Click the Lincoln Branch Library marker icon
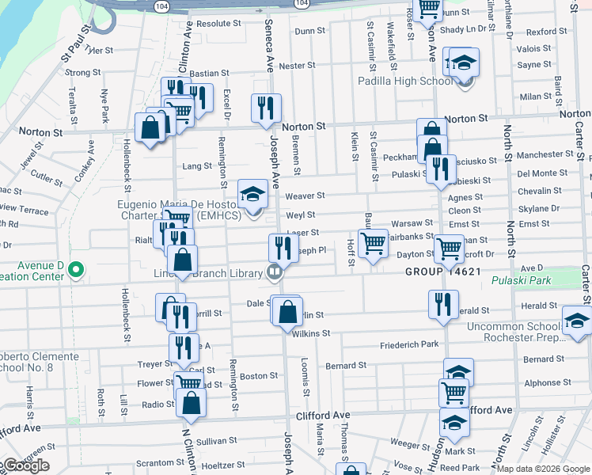tap(275, 273)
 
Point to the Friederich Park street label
tap(408, 344)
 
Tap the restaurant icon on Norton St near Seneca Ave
tap(267, 108)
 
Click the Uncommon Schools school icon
tap(577, 320)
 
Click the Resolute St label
tap(218, 24)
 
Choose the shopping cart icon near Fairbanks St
tap(372, 243)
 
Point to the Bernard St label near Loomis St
tap(346, 366)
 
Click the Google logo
tap(26, 466)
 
